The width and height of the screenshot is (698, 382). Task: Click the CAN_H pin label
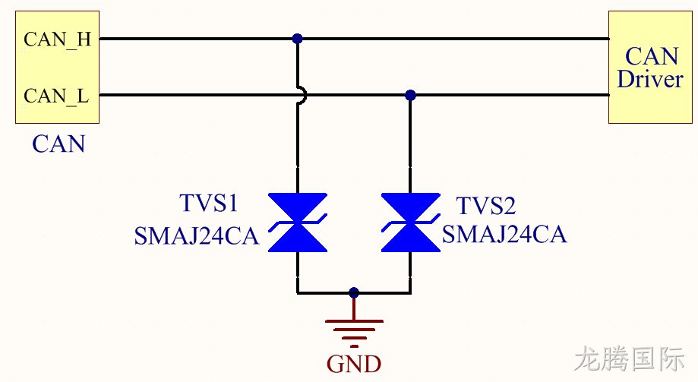58,39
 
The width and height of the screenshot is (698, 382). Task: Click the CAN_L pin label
56,96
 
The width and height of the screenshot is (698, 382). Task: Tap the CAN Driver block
650,68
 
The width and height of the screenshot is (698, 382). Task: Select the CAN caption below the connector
58,144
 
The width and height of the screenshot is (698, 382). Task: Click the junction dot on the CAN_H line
298,39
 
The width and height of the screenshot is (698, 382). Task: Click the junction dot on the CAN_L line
410,95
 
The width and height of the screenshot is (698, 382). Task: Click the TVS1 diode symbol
298,223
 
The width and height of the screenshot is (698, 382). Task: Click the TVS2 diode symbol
410,223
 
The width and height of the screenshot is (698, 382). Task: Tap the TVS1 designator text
208,203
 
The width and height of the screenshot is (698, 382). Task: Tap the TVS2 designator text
485,206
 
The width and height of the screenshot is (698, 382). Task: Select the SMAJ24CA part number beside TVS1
196,236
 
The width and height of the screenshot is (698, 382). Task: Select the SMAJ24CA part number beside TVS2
504,234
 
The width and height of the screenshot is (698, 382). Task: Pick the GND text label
354,364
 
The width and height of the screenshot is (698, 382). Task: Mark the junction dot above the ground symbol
354,293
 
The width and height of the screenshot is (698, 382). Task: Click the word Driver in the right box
650,79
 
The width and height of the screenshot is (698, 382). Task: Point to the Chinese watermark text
630,358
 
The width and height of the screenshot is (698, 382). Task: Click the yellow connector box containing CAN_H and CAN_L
58,68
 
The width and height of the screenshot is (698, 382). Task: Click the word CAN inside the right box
651,56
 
